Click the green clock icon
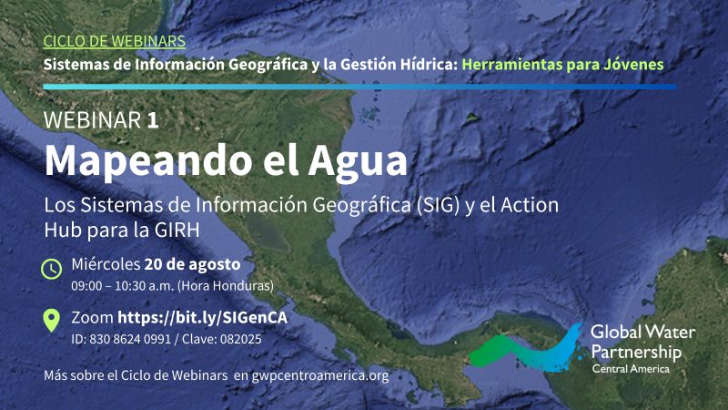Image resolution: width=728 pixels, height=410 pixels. click(51, 269)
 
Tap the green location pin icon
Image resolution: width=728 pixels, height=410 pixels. click(51, 321)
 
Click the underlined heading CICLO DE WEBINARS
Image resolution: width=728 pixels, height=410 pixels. click(115, 41)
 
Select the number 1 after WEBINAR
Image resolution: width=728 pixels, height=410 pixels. click(153, 120)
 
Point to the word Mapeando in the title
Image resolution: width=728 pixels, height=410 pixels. click(147, 160)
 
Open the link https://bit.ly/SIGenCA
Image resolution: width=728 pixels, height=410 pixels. click(202, 317)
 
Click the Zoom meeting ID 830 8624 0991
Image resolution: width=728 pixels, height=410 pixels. click(130, 339)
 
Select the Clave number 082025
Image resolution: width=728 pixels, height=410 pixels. click(240, 339)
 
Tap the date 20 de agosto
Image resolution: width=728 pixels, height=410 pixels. click(192, 264)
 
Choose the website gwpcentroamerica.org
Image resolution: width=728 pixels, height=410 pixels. click(320, 375)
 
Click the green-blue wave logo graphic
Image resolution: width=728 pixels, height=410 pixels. click(526, 349)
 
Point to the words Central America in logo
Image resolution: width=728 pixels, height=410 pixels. click(631, 369)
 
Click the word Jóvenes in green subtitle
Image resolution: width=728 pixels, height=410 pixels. click(633, 64)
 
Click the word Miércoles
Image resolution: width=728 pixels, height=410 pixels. click(106, 264)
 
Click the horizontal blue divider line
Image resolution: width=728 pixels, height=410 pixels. click(359, 87)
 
